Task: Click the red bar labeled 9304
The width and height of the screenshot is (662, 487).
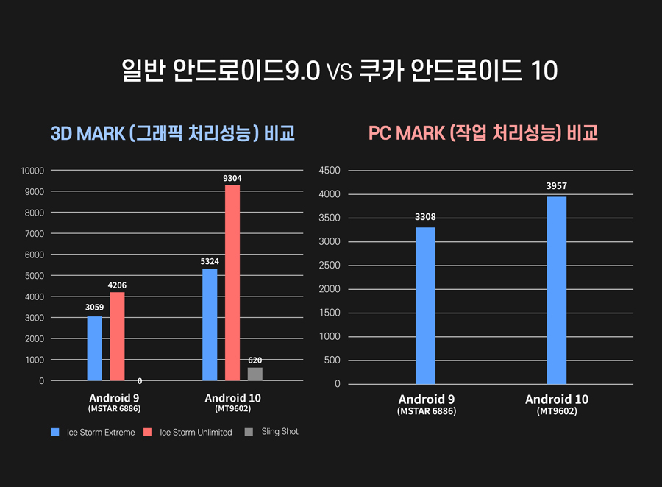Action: pyautogui.click(x=232, y=282)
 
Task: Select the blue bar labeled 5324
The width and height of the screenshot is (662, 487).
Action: pyautogui.click(x=210, y=324)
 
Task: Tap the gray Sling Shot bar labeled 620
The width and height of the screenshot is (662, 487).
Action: pyautogui.click(x=255, y=374)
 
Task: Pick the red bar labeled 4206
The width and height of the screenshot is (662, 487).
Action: pyautogui.click(x=117, y=336)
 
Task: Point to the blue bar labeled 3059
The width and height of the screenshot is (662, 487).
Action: pyautogui.click(x=94, y=348)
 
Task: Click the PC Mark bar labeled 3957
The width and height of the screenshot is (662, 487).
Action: pyautogui.click(x=557, y=290)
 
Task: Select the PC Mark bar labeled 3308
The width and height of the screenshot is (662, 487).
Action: pyautogui.click(x=425, y=305)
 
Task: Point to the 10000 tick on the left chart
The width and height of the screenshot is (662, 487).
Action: pyautogui.click(x=32, y=171)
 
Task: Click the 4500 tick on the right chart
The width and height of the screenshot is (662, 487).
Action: pyautogui.click(x=328, y=171)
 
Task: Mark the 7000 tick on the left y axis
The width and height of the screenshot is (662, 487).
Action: pyautogui.click(x=34, y=234)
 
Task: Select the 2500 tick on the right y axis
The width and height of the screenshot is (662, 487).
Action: pyautogui.click(x=328, y=266)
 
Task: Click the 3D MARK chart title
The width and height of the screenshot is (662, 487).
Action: pyautogui.click(x=172, y=134)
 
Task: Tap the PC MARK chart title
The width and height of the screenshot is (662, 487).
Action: pyautogui.click(x=483, y=133)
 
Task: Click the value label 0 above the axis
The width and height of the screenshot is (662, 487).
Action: pyautogui.click(x=140, y=381)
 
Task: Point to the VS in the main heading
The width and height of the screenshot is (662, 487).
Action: pyautogui.click(x=339, y=72)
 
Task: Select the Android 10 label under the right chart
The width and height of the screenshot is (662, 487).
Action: pyautogui.click(x=557, y=399)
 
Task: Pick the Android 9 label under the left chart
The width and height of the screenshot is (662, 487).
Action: pyautogui.click(x=114, y=398)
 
